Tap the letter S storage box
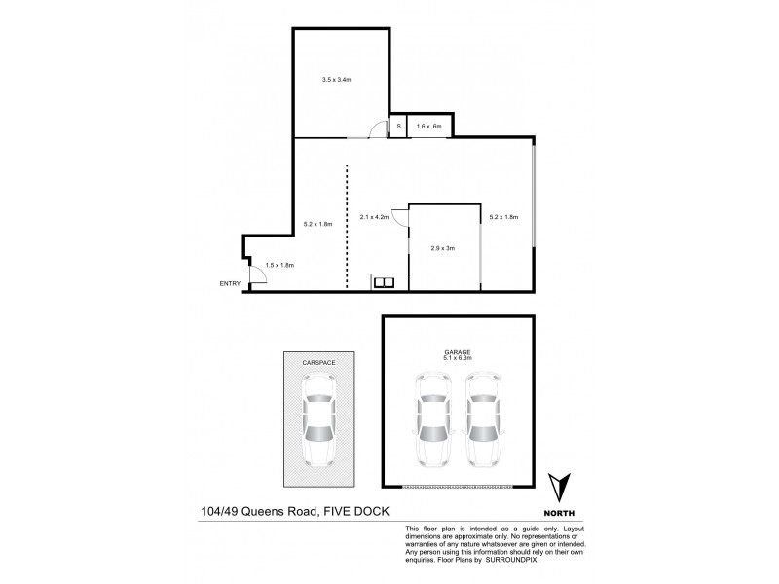pos(397,126)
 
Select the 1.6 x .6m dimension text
pos(429,126)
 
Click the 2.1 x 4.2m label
pos(374,217)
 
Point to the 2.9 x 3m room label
pos(443,248)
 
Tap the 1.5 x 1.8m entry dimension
pos(279,265)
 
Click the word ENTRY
pos(230,284)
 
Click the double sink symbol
pos(384,283)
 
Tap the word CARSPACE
pos(318,361)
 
